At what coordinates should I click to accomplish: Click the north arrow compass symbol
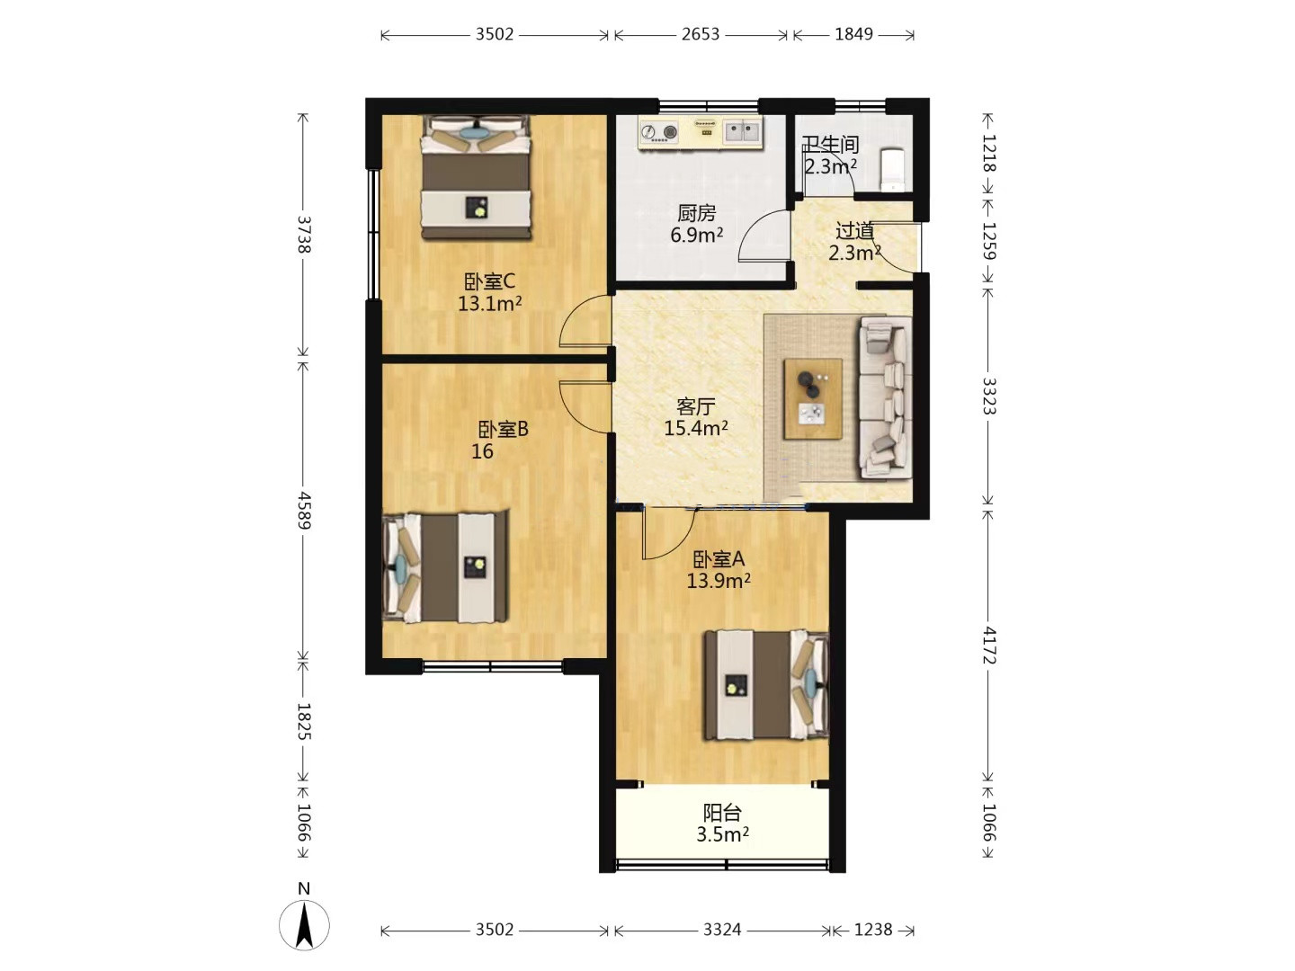pyautogui.click(x=305, y=925)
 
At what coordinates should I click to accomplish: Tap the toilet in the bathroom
pyautogui.click(x=893, y=169)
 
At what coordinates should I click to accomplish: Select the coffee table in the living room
pyautogui.click(x=812, y=399)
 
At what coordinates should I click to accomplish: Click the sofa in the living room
pyautogui.click(x=885, y=396)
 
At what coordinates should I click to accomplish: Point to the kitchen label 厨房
pyautogui.click(x=696, y=213)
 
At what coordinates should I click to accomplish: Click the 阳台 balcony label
pyautogui.click(x=722, y=813)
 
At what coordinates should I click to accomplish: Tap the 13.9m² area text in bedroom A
pyautogui.click(x=719, y=581)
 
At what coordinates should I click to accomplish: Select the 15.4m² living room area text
pyautogui.click(x=696, y=428)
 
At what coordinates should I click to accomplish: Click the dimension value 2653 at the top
pyautogui.click(x=701, y=34)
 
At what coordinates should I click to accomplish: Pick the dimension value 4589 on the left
pyautogui.click(x=303, y=511)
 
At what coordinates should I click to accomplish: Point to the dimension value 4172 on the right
pyautogui.click(x=989, y=645)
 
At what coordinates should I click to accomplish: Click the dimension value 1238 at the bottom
pyautogui.click(x=873, y=930)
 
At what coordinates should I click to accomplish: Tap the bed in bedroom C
pyautogui.click(x=476, y=177)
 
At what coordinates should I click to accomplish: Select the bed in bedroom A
pyautogui.click(x=767, y=684)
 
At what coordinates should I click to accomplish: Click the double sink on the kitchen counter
pyautogui.click(x=742, y=131)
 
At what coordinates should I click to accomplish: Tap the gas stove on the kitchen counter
pyautogui.click(x=658, y=133)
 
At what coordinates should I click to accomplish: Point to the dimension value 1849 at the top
pyautogui.click(x=853, y=34)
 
